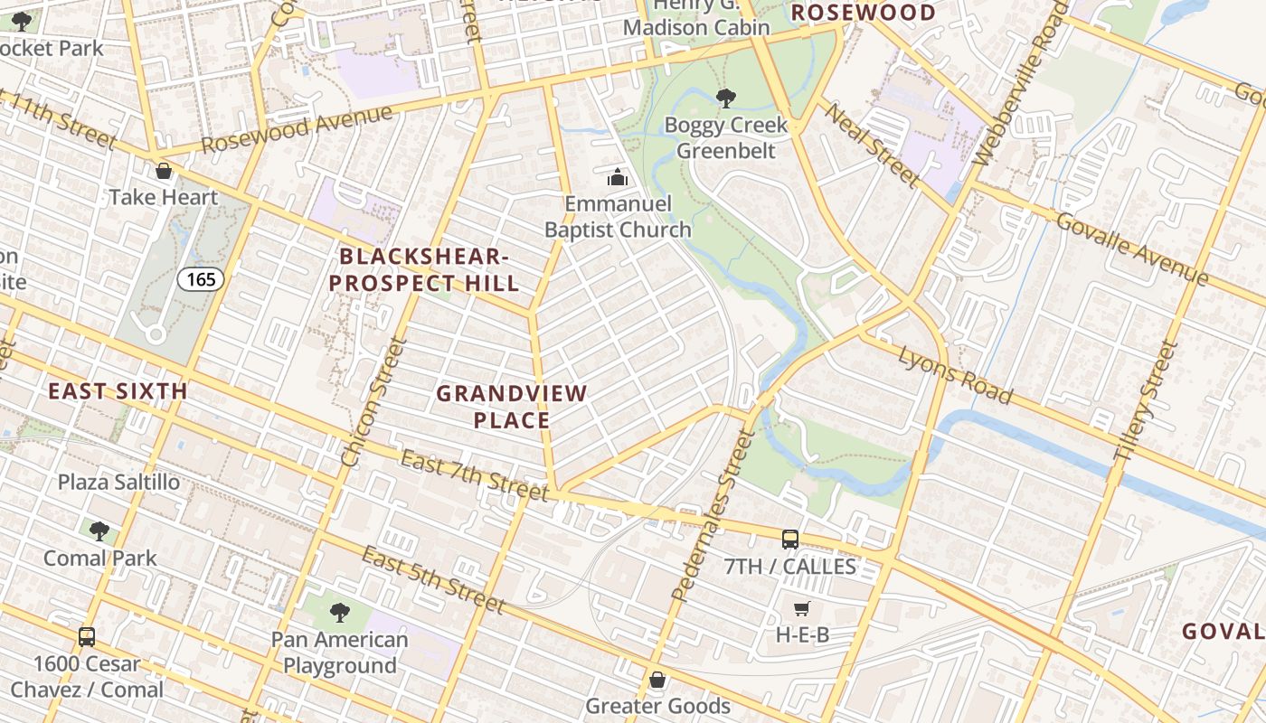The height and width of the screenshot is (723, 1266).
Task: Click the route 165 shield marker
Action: (x=200, y=279)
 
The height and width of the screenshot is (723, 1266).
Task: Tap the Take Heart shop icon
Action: (x=164, y=171)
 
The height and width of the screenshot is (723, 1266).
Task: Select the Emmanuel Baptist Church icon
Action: (x=618, y=177)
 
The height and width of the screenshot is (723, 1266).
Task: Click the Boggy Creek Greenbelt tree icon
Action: (x=725, y=98)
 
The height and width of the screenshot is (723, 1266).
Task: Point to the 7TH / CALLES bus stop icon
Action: (x=789, y=540)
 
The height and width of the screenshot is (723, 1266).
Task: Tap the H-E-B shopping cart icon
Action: (x=801, y=608)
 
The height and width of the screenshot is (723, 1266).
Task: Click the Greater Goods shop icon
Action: (x=657, y=679)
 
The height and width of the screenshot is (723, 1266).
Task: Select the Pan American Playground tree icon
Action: (x=339, y=613)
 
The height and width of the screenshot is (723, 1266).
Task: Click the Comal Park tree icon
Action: (x=99, y=531)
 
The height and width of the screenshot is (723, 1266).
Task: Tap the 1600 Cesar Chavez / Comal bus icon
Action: (x=87, y=636)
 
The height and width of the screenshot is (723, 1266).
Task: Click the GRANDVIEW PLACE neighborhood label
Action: (x=512, y=407)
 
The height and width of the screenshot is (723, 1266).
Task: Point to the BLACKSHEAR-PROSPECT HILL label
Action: (x=424, y=270)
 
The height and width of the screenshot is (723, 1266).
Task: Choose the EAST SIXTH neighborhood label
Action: (x=118, y=391)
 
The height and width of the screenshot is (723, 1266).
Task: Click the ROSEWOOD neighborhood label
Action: (x=864, y=13)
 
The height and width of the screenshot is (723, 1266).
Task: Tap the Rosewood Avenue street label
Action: (x=298, y=129)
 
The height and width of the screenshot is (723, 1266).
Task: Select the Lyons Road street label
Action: (x=954, y=374)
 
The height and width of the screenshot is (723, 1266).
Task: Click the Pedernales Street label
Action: (x=713, y=516)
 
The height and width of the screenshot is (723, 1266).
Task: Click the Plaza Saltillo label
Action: (x=119, y=482)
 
